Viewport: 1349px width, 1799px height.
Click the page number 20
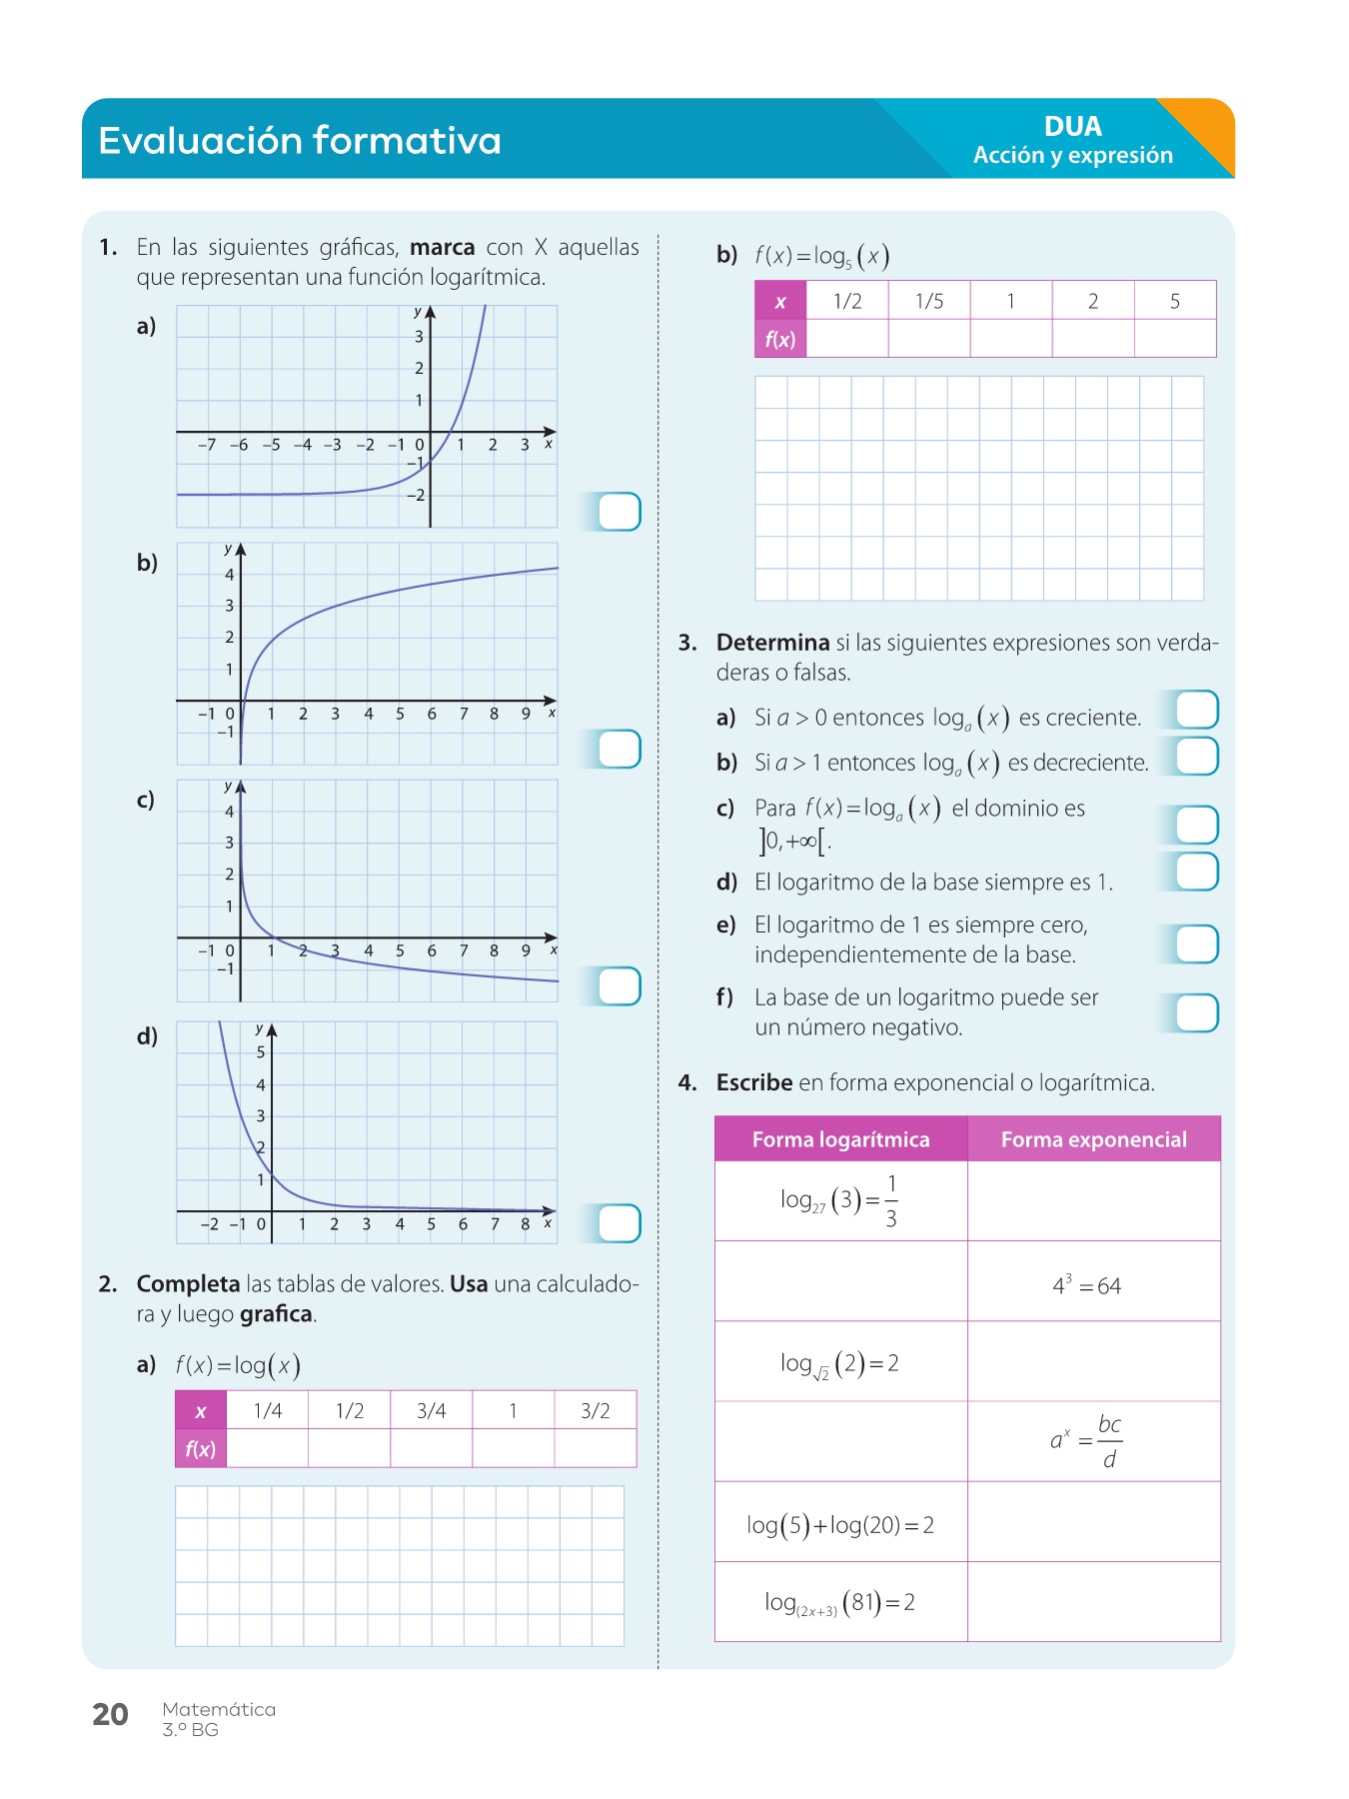[x=110, y=1714]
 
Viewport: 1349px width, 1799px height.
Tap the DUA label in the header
[x=1072, y=127]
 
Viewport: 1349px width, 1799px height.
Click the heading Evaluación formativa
[x=300, y=141]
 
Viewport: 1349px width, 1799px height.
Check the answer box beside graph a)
[x=620, y=512]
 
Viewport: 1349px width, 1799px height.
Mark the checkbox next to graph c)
[x=620, y=986]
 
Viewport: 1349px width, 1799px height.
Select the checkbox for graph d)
[x=620, y=1223]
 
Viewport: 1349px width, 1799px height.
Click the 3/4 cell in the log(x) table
[x=432, y=1410]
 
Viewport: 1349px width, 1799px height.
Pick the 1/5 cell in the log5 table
[x=929, y=301]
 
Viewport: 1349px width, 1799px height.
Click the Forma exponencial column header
[x=1093, y=1139]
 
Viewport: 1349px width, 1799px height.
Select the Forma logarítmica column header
[x=840, y=1139]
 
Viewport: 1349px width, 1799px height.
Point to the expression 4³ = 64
[x=1087, y=1285]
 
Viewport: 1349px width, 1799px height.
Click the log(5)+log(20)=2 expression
[x=840, y=1525]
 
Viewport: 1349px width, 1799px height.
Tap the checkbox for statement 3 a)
[x=1197, y=710]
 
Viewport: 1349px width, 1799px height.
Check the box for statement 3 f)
[x=1197, y=1012]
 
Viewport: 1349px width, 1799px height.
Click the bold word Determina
[x=772, y=643]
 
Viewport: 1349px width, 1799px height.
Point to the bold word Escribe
[x=754, y=1082]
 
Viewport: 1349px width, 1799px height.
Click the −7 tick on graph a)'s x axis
[x=206, y=445]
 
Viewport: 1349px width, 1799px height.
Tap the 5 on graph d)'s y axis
[x=261, y=1052]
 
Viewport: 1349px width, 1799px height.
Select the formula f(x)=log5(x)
[x=821, y=256]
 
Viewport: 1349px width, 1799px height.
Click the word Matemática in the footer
[x=219, y=1709]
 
